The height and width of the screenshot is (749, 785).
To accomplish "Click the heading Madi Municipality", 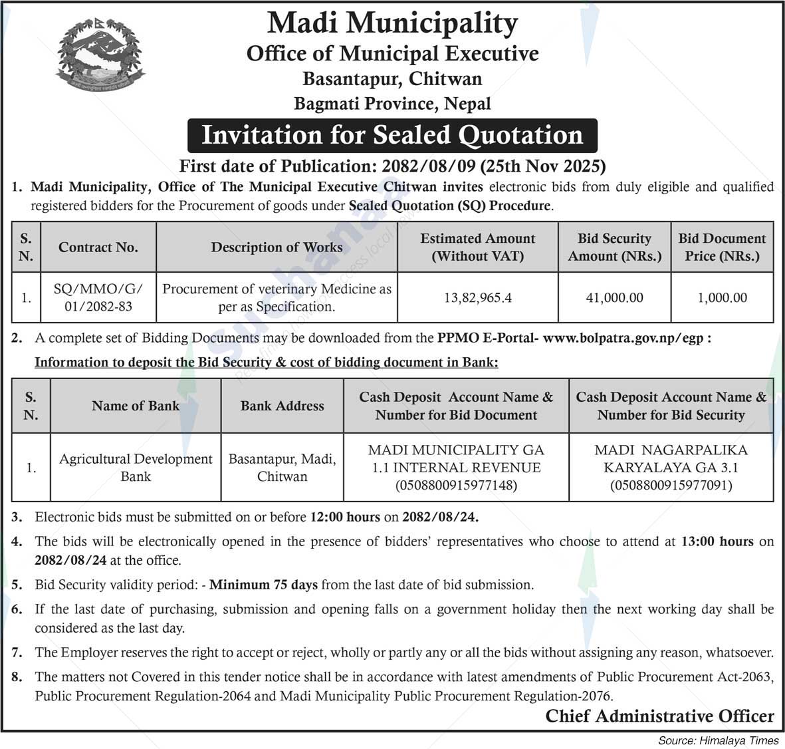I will pyautogui.click(x=392, y=23).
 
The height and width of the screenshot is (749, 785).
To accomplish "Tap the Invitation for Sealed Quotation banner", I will pyautogui.click(x=392, y=135).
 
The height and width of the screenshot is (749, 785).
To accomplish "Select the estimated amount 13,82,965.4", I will pyautogui.click(x=477, y=298).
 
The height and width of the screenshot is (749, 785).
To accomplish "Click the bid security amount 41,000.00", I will pyautogui.click(x=614, y=298).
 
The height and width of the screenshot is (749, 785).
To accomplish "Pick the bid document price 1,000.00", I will pyautogui.click(x=722, y=298).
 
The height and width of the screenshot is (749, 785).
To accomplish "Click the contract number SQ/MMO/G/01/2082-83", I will pyautogui.click(x=98, y=298).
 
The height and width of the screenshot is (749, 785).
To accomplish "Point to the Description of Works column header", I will pyautogui.click(x=277, y=247).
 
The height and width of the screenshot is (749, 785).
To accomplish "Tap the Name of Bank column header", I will pyautogui.click(x=136, y=406).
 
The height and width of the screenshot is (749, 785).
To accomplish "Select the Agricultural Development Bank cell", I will pyautogui.click(x=136, y=468).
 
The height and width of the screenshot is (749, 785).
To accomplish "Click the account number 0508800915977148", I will pyautogui.click(x=456, y=486).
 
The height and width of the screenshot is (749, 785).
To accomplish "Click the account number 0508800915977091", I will pyautogui.click(x=671, y=486).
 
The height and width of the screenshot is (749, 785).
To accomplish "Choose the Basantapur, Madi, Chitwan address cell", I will pyautogui.click(x=282, y=468).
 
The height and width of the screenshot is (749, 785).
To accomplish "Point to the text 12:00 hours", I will pyautogui.click(x=344, y=517).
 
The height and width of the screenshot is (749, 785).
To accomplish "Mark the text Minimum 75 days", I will pyautogui.click(x=263, y=585).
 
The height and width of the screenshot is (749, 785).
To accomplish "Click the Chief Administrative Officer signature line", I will pyautogui.click(x=659, y=716).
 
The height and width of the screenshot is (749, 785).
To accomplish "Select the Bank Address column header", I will pyautogui.click(x=282, y=406).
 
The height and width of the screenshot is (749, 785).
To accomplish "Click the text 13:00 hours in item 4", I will pyautogui.click(x=717, y=541).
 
